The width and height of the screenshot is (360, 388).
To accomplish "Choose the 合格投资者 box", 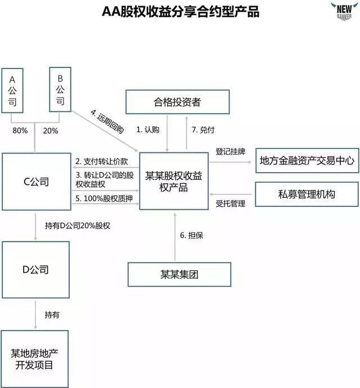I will (177, 102).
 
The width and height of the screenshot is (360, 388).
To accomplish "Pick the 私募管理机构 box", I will (307, 195).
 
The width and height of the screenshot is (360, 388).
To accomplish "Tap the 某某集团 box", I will (179, 276).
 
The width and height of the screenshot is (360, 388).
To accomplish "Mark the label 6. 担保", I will (191, 236).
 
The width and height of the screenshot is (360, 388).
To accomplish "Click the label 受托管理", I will (231, 204).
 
